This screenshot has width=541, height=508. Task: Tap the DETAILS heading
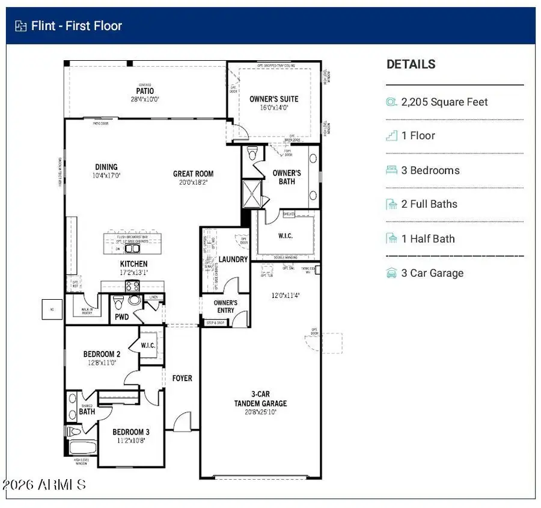(x=411, y=64)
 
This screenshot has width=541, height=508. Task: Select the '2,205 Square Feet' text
(x=444, y=102)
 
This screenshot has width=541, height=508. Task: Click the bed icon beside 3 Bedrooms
(x=392, y=170)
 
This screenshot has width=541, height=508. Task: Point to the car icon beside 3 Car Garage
(x=392, y=273)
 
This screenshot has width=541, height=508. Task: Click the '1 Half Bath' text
(x=428, y=239)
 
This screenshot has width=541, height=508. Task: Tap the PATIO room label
(x=145, y=91)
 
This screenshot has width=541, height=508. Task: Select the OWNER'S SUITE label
(x=274, y=99)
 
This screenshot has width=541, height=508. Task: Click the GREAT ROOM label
(x=193, y=174)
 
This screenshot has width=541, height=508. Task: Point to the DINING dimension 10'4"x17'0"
(x=106, y=176)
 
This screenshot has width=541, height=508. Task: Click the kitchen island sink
(x=132, y=248)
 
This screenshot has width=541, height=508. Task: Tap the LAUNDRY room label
(x=233, y=259)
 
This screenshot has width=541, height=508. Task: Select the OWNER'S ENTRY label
(x=225, y=306)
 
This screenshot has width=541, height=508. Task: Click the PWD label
(x=121, y=317)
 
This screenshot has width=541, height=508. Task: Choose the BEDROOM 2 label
(x=102, y=354)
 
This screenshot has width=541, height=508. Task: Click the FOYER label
(x=182, y=379)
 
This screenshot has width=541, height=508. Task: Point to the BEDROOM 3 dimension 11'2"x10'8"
(x=131, y=440)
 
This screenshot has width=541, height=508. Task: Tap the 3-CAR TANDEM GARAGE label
(x=260, y=399)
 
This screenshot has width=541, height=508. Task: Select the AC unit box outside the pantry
(x=52, y=309)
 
